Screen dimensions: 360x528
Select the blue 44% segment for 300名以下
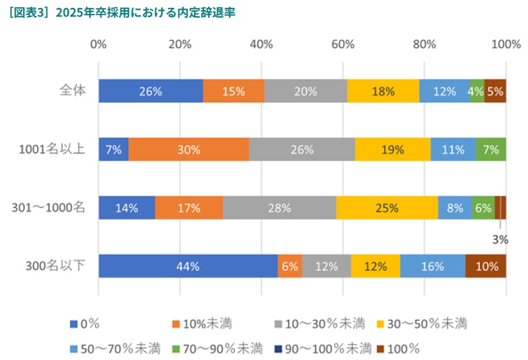point(188,266)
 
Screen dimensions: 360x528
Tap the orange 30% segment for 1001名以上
point(189,149)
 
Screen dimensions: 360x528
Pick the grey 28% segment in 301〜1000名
point(279,207)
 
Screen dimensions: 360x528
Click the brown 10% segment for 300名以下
point(486,266)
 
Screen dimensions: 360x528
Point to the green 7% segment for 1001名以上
point(490,149)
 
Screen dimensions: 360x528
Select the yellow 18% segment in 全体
point(383,91)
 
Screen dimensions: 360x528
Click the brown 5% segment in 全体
point(495,91)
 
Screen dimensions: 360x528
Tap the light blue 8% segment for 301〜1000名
point(455,207)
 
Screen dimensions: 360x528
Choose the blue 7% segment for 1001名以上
point(114,149)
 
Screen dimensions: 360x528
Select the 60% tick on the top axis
point(343,44)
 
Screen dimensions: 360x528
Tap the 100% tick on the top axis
point(506,44)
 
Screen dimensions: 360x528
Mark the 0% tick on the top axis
point(99,44)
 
